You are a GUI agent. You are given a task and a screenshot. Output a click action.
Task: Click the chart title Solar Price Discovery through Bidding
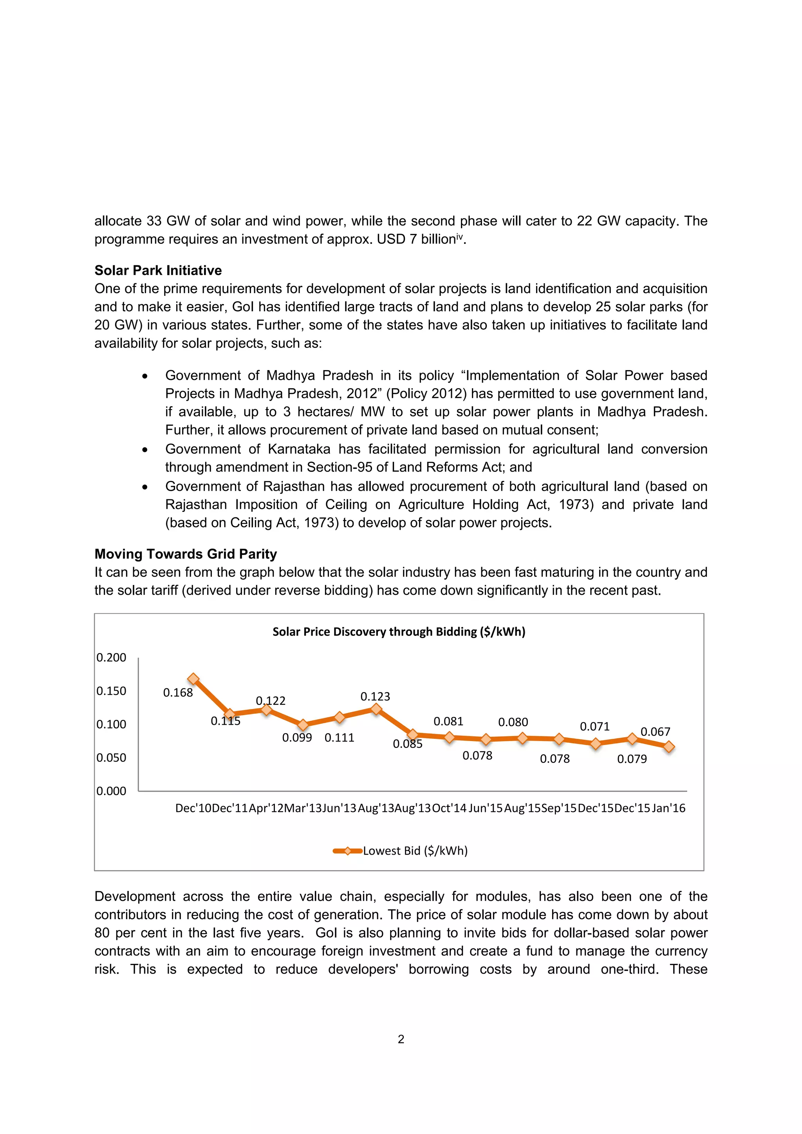pyautogui.click(x=399, y=632)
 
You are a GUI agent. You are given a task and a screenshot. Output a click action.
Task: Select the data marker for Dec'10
pyautogui.click(x=193, y=679)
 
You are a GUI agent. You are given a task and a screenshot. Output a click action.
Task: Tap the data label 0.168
pyautogui.click(x=178, y=693)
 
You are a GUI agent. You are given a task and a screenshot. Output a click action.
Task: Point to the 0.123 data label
pyautogui.click(x=375, y=697)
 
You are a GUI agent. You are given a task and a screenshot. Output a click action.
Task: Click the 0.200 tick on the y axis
pyautogui.click(x=111, y=657)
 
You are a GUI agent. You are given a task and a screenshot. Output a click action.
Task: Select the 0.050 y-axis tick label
pyautogui.click(x=111, y=758)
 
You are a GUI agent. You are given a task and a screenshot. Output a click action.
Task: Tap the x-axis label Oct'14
pyautogui.click(x=449, y=808)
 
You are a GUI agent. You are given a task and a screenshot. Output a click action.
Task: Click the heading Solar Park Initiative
pyautogui.click(x=158, y=270)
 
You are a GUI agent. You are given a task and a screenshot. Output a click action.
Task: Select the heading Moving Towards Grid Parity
pyautogui.click(x=185, y=554)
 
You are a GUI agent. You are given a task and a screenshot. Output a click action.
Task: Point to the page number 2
pyautogui.click(x=401, y=1039)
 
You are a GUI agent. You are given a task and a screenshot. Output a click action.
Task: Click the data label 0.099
pyautogui.click(x=297, y=737)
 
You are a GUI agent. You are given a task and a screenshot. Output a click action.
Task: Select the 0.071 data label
pyautogui.click(x=594, y=727)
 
